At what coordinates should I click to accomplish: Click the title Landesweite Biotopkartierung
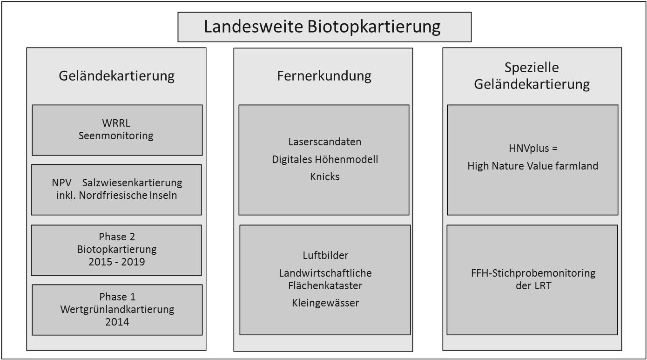322,27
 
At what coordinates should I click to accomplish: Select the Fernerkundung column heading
324,76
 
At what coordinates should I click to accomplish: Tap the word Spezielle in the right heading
532,68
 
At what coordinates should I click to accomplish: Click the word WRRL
116,123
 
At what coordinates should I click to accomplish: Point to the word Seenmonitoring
116,136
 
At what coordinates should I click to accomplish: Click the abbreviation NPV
62,183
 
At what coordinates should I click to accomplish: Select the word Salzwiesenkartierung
132,183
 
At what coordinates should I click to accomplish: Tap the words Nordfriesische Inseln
128,196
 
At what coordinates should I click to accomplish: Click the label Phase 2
117,237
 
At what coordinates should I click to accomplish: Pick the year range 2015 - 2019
117,262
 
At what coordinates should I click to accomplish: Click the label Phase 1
117,297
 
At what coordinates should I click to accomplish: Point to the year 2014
117,322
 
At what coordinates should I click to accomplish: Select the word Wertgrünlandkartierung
117,310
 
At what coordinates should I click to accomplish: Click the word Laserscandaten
324,142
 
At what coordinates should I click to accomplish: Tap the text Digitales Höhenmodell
325,159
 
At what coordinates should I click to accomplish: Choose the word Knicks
325,177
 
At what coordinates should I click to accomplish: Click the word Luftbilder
325,255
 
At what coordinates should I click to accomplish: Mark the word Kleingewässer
325,303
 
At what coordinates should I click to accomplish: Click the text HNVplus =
533,149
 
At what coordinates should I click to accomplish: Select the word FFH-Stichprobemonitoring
533,273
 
